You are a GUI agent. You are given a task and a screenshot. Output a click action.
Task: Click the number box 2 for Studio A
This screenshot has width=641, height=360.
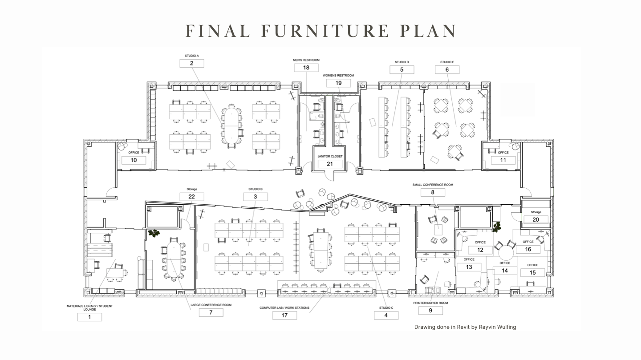191,63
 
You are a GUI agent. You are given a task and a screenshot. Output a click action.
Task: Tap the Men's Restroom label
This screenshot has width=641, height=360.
306,60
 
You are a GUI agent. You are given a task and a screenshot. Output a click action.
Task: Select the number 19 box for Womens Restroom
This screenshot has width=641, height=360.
338,83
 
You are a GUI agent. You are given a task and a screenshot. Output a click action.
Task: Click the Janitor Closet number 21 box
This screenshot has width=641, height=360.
330,164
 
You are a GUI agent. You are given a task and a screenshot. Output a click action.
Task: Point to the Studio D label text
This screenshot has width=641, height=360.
402,62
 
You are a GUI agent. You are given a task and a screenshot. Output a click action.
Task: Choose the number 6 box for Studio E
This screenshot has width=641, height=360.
447,69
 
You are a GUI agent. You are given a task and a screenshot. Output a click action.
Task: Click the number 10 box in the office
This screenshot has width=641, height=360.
134,160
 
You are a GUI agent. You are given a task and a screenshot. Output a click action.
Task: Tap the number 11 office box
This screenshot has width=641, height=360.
503,160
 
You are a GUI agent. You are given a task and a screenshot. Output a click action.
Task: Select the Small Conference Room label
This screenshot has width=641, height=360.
432,185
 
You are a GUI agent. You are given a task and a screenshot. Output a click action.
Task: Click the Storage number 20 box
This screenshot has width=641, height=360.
536,219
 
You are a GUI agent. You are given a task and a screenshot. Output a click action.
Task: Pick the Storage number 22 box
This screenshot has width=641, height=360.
192,196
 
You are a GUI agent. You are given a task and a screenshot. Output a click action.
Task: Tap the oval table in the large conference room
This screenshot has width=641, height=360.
174,260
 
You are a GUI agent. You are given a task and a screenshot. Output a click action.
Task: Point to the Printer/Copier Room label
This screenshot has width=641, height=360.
430,303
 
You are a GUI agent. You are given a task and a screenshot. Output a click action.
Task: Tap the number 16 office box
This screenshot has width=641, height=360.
528,249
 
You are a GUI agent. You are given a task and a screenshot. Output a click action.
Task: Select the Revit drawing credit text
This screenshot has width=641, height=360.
465,327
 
